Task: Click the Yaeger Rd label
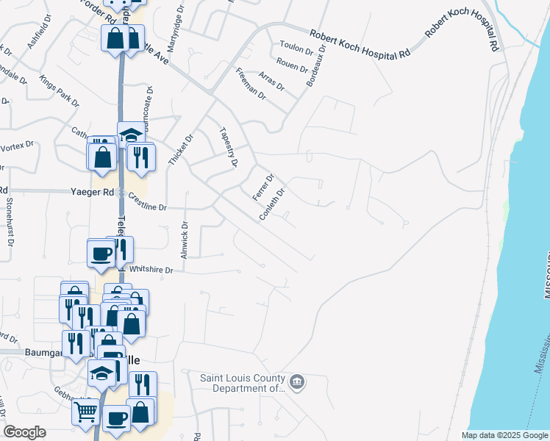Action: click(93, 192)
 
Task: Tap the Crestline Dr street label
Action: click(148, 202)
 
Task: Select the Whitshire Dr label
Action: click(150, 270)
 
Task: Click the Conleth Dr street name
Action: click(271, 205)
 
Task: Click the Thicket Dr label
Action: click(179, 149)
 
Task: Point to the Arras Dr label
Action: click(272, 81)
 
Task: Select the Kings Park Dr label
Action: click(59, 90)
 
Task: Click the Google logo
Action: click(25, 432)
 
